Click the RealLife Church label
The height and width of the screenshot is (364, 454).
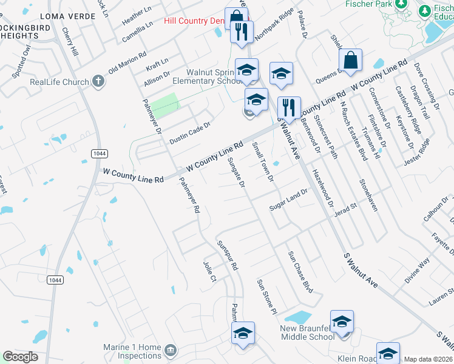[59, 83]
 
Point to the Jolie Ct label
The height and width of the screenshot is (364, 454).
[209, 271]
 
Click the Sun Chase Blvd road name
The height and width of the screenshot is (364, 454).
[300, 272]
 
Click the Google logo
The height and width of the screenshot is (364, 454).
[21, 357]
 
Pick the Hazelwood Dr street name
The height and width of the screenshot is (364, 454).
[323, 185]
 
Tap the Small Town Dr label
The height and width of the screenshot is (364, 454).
[263, 162]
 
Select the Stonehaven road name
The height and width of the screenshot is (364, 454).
[368, 195]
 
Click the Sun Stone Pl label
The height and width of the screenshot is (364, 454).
[266, 296]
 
